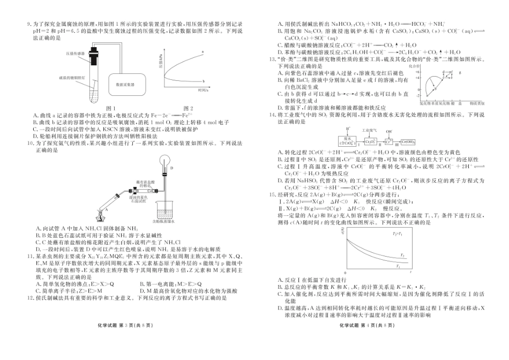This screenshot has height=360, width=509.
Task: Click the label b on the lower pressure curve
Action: tap(203, 81)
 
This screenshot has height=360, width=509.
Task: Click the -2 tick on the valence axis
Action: tap(416, 93)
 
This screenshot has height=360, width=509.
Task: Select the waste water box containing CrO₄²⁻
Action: tap(346, 141)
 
